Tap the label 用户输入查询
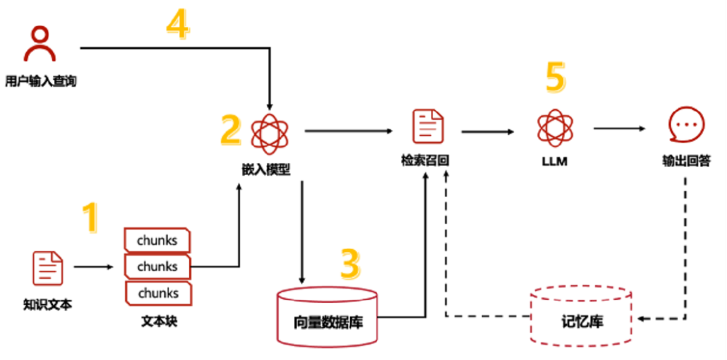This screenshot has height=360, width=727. (x=45, y=82)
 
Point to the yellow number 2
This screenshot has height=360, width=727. (x=230, y=130)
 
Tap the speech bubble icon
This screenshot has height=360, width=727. (x=686, y=127)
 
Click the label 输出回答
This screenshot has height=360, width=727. (x=687, y=161)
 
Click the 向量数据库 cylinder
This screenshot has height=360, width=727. (x=328, y=317)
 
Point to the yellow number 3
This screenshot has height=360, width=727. (x=350, y=264)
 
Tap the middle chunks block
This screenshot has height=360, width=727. (x=158, y=267)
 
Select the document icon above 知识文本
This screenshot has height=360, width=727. (x=48, y=268)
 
